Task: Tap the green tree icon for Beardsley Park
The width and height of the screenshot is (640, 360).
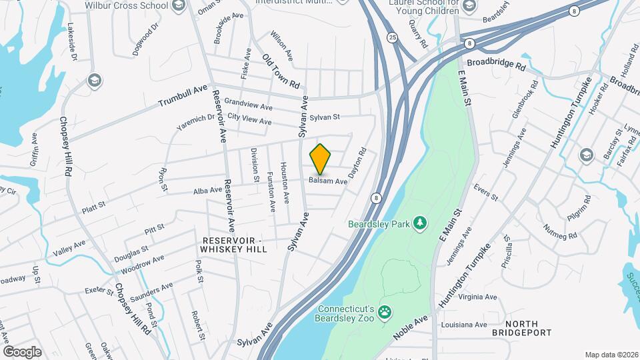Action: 420,223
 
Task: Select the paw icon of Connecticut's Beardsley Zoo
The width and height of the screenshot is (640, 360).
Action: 385,311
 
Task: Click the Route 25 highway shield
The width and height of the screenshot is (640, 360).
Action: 392,38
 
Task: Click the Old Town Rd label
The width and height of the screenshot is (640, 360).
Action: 281,71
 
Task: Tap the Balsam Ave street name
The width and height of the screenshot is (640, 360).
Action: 328,181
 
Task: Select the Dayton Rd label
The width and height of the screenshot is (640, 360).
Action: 359,162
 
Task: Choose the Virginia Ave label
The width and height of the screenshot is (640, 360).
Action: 478,297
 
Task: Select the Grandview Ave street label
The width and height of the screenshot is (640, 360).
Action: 248,105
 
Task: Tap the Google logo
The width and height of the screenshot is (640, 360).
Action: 22,351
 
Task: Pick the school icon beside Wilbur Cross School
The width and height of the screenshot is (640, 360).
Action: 177,7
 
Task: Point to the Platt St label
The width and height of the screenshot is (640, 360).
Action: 93,204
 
